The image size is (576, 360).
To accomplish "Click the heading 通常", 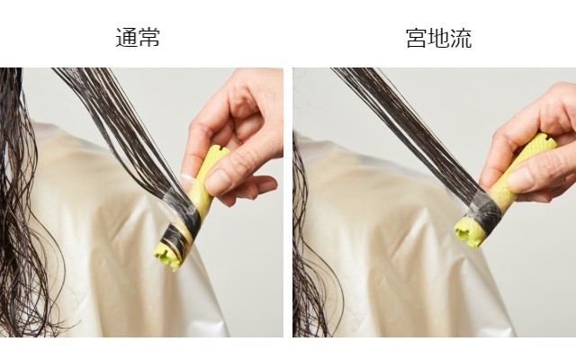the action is (x=138, y=38).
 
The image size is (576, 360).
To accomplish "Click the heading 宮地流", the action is (x=438, y=38).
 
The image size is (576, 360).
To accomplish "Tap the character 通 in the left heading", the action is (x=126, y=38).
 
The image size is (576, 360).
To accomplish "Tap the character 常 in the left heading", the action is (x=149, y=38).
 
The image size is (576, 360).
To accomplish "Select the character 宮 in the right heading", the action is (x=417, y=38).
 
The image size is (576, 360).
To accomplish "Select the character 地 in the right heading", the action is (x=438, y=38).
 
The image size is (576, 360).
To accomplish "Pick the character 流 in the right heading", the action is (x=461, y=38).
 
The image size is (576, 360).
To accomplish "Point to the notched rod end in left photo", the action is (x=168, y=254).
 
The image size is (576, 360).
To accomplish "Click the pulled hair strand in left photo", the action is (x=121, y=132).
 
